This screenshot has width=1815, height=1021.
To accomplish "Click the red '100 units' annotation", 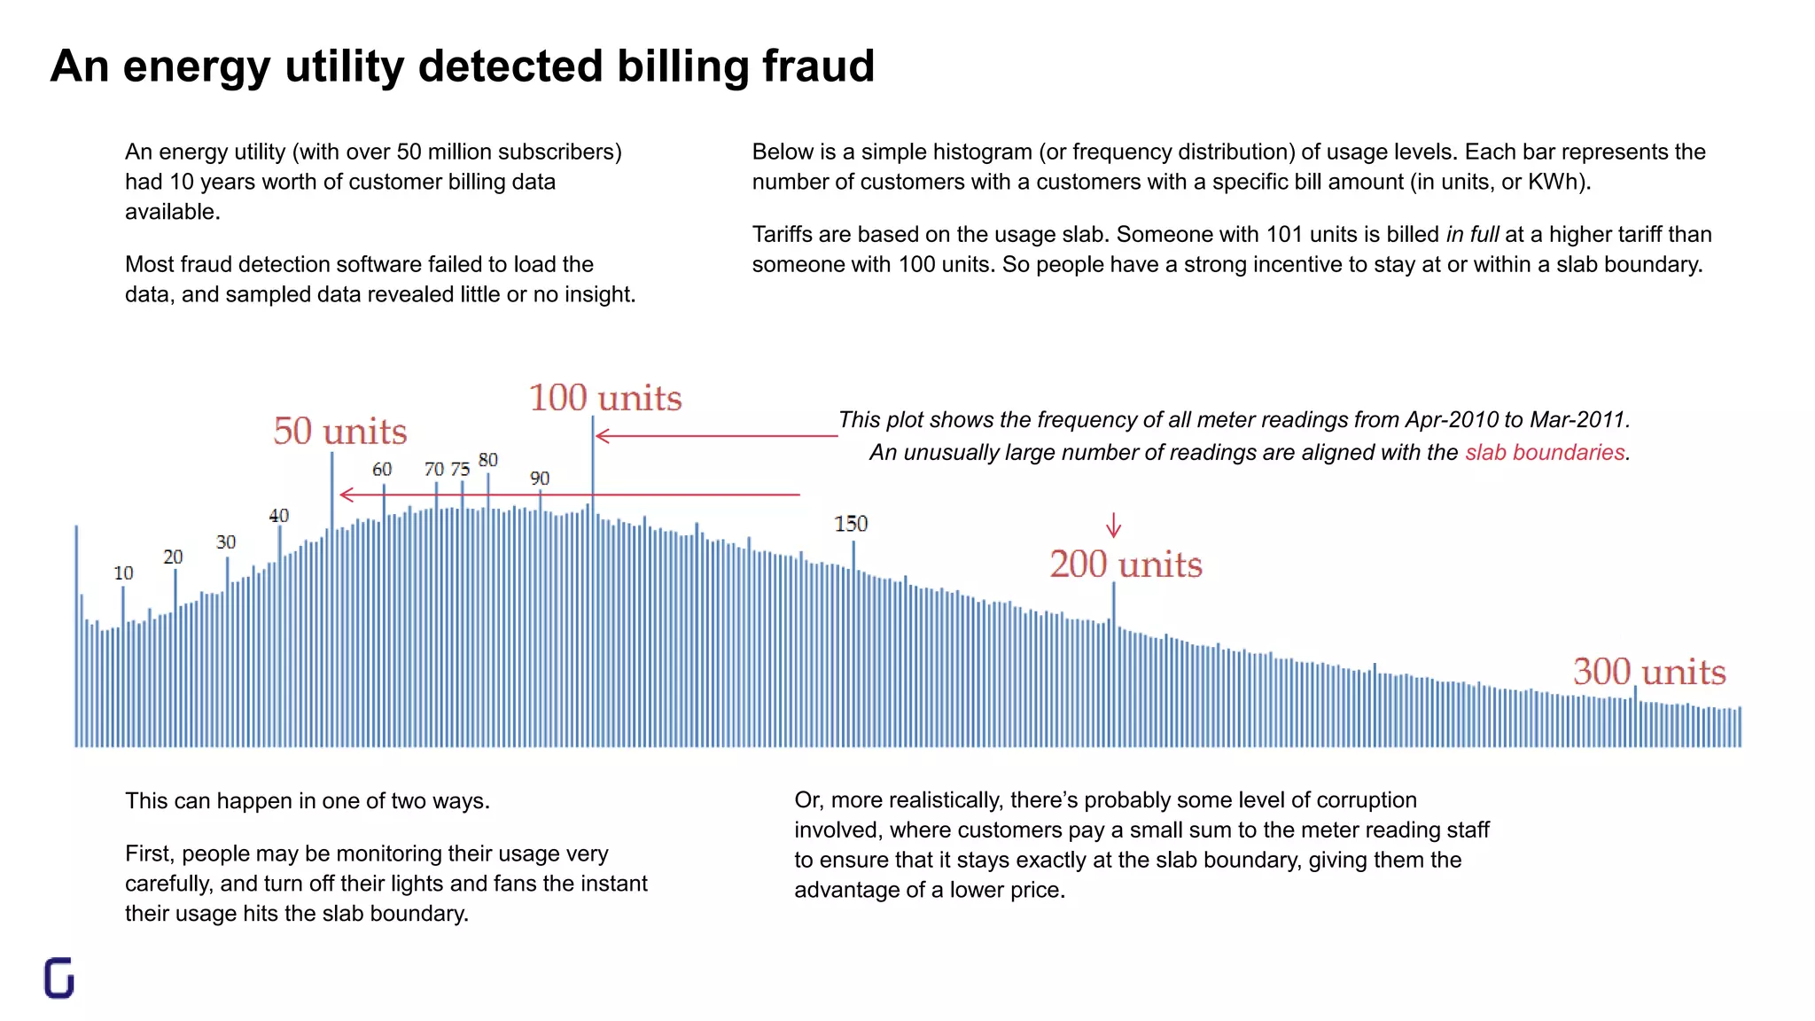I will [x=605, y=398].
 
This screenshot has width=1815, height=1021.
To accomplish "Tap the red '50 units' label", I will [x=340, y=432].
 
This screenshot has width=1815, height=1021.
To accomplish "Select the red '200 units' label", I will [x=1126, y=565].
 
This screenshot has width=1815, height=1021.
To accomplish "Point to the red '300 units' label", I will [x=1649, y=672].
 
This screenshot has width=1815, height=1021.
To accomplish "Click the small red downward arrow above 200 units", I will [x=1114, y=526].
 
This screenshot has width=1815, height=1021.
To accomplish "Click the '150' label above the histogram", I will [x=851, y=524].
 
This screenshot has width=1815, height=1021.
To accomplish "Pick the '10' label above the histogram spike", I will [x=123, y=573].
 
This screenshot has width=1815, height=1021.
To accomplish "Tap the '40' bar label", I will [x=278, y=516].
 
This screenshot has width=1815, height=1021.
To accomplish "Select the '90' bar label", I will [x=540, y=479].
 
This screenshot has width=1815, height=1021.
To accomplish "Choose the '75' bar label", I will [x=460, y=470].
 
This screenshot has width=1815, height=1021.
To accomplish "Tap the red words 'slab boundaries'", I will [x=1544, y=453].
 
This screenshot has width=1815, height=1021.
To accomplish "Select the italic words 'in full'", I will [x=1472, y=235].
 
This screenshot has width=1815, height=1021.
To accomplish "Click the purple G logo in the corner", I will [x=59, y=978].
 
